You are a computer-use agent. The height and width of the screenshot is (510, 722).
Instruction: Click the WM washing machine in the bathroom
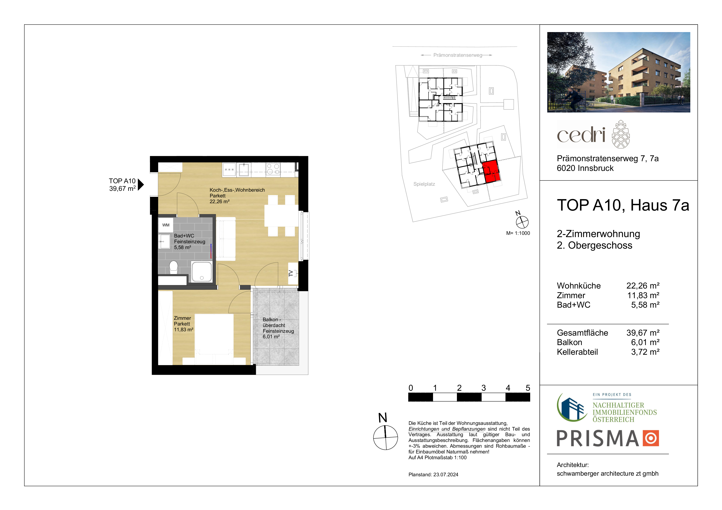[x=166, y=225]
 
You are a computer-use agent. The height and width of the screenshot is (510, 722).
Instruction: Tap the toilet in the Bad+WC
[x=174, y=267]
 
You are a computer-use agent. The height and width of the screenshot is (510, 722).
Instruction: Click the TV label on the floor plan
[x=291, y=273]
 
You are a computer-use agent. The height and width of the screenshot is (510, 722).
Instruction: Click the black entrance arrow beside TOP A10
[x=141, y=184]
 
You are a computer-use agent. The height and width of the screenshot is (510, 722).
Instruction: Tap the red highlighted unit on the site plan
[x=491, y=171]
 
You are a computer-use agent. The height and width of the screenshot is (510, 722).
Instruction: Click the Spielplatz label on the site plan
[x=424, y=184]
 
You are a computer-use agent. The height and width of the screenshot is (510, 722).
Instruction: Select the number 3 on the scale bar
[x=484, y=388]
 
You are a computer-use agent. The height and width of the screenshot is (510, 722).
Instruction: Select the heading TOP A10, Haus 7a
[x=623, y=205]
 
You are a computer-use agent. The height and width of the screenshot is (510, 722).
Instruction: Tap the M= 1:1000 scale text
[x=518, y=233]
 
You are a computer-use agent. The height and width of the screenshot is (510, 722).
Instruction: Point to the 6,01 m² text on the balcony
[x=271, y=337]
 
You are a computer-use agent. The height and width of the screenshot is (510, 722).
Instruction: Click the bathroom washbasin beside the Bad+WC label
[x=164, y=242]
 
